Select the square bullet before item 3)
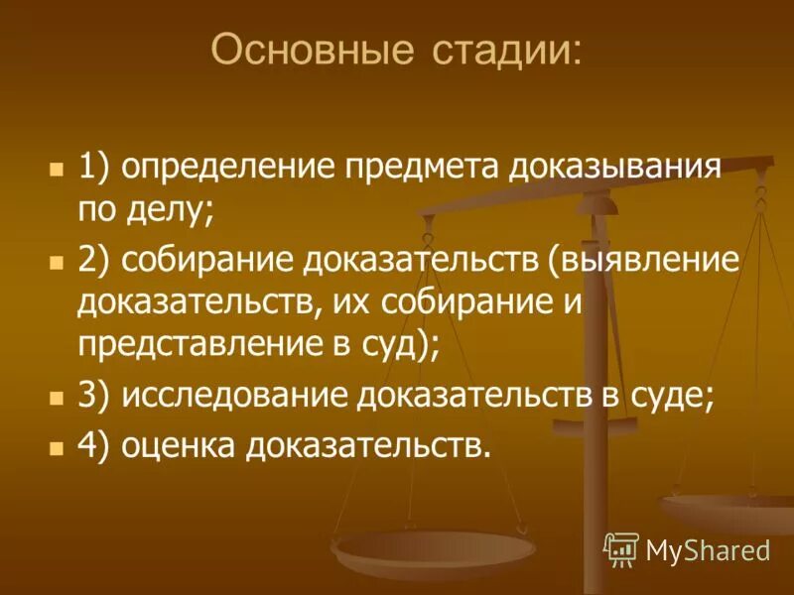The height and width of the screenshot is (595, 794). [57, 396]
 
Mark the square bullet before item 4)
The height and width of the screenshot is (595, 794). [57, 445]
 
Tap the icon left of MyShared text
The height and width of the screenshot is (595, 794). [621, 547]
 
